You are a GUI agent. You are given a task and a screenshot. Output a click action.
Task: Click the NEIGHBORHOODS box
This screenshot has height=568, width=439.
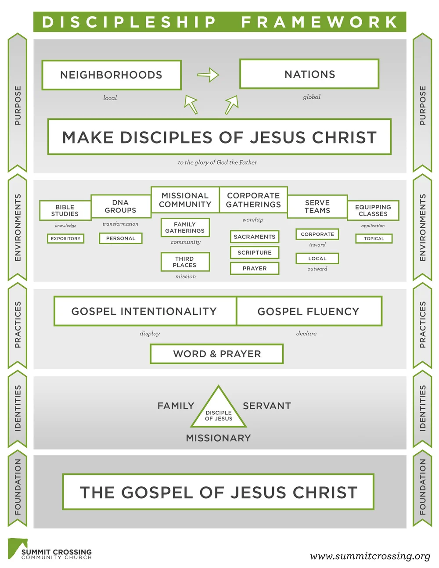pos(112,75)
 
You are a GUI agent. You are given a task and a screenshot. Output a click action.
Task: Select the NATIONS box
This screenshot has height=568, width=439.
pos(309,74)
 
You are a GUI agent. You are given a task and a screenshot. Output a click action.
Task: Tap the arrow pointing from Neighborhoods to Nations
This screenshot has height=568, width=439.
pos(208,75)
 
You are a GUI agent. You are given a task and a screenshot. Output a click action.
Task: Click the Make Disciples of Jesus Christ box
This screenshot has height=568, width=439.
pos(219,137)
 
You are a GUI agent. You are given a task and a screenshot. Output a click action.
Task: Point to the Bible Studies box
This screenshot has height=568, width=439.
pos(65,210)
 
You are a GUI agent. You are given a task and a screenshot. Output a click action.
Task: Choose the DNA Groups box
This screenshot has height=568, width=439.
pos(120,206)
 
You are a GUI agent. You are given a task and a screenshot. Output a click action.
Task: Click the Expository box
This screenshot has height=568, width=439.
pos(65,238)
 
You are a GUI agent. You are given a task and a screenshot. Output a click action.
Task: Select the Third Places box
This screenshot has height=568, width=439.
pos(185,262)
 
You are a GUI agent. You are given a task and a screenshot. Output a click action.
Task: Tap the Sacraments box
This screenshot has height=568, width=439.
pos(254,237)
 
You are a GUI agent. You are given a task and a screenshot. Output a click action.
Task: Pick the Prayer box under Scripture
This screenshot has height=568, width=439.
pos(255,268)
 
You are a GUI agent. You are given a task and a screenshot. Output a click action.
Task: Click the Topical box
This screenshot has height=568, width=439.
pos(374,238)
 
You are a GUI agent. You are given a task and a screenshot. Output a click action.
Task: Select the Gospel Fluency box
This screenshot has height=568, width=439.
pos(309,311)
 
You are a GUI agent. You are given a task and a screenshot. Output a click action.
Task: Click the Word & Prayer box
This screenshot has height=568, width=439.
pos(217,354)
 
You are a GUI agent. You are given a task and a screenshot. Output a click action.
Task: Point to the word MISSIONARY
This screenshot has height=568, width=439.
pos(219,438)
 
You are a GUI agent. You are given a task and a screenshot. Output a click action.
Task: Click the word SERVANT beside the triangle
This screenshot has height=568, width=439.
pos(267,406)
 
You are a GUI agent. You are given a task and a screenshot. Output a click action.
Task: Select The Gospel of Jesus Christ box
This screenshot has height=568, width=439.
pos(218,492)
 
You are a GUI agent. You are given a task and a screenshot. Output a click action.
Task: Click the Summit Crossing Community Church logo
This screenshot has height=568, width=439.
pos(50,550)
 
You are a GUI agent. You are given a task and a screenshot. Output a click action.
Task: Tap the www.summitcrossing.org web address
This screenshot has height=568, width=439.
pos(370,556)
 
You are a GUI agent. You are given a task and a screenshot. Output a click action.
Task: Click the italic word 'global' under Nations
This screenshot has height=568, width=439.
pos(312,97)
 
